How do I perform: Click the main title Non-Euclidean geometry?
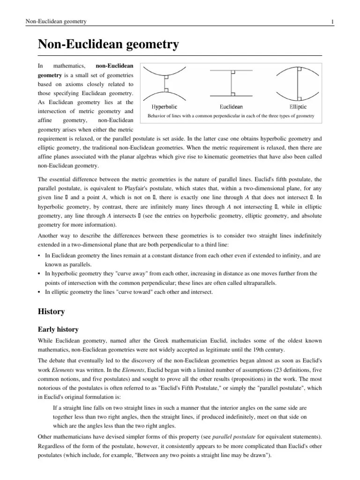[x=108, y=45]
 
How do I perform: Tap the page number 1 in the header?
[x=332, y=22]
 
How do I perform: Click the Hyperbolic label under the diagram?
[x=165, y=107]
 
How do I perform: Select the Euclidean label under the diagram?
[x=231, y=107]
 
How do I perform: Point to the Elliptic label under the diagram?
[x=298, y=107]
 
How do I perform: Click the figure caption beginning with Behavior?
[x=231, y=116]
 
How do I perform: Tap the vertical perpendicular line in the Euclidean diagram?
[x=231, y=85]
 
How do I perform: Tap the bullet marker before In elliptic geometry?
[x=39, y=292]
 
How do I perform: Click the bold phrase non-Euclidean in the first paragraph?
[x=114, y=66]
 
